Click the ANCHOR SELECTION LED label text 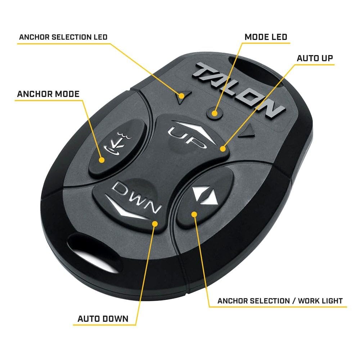click(63, 37)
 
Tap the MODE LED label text click(266, 37)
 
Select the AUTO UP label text click(315, 58)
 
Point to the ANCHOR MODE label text click(48, 94)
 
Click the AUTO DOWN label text click(103, 319)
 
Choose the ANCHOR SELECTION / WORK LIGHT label click(280, 301)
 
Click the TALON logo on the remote click(239, 90)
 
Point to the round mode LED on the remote click(215, 113)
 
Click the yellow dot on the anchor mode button click(102, 160)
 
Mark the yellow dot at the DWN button click(155, 224)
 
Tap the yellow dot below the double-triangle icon click(194, 215)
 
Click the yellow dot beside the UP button click(222, 149)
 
